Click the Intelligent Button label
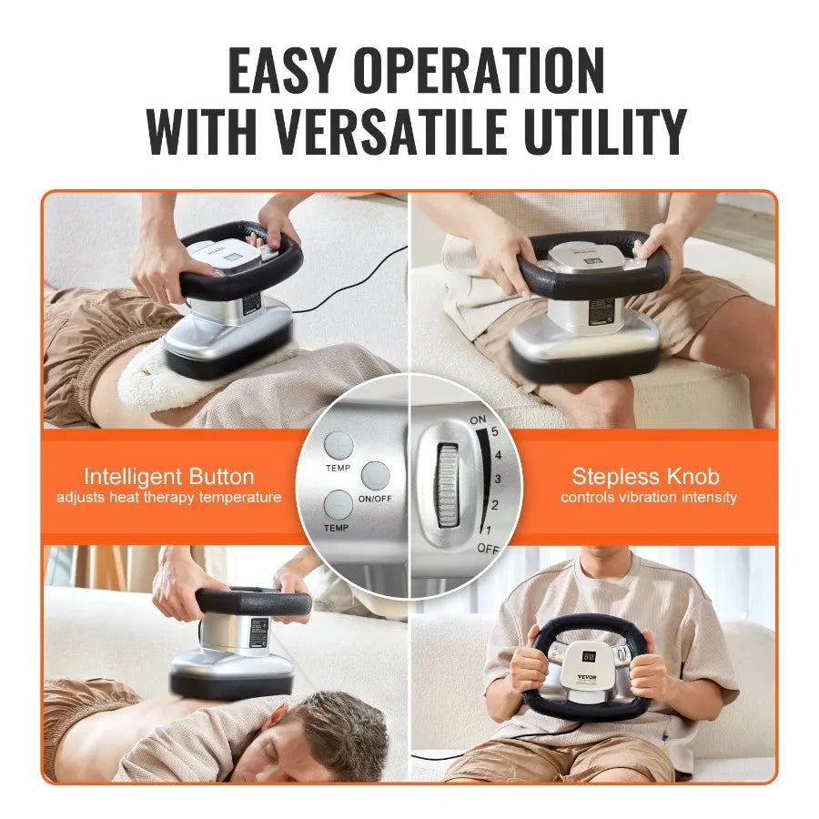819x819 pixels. click(168, 477)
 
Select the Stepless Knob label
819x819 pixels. click(644, 476)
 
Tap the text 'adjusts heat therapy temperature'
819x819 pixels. click(168, 498)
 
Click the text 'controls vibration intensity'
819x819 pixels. click(648, 498)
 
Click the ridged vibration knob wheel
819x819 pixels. click(446, 484)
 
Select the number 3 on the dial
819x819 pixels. click(495, 479)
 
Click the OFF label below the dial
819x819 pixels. click(488, 549)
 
